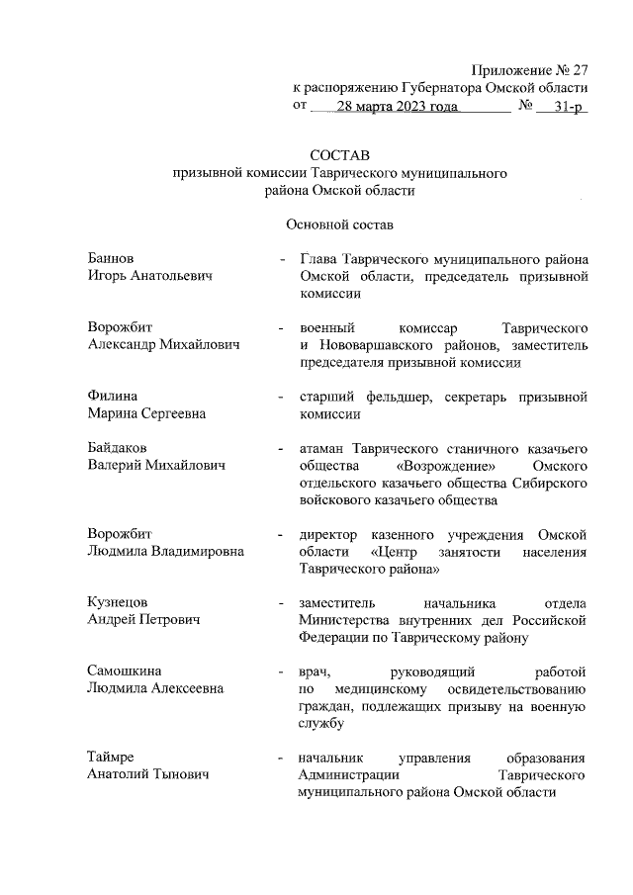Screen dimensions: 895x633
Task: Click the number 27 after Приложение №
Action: click(x=580, y=71)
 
